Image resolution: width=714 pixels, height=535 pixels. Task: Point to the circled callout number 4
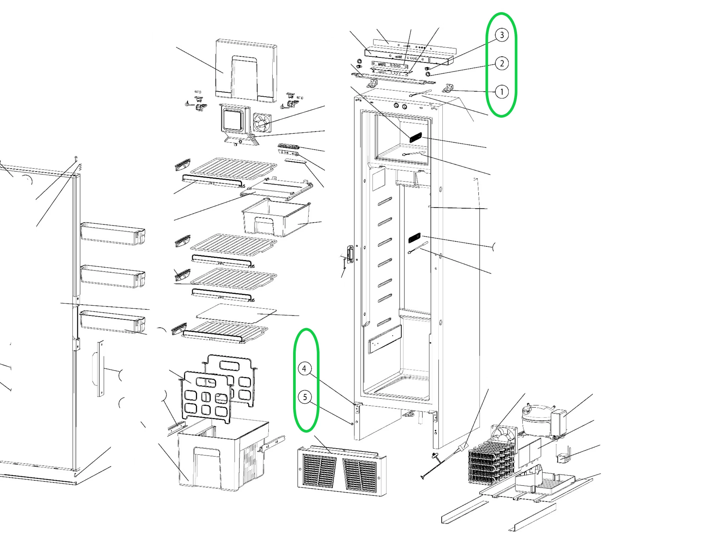coord(304,369)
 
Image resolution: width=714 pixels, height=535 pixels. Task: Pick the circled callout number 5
coord(305,397)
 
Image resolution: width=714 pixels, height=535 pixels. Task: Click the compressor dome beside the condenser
coord(537,419)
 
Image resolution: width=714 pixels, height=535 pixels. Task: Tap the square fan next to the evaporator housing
coord(262,123)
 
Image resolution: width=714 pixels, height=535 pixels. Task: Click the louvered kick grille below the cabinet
coord(341,471)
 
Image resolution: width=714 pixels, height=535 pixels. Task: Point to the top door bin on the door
coord(112,234)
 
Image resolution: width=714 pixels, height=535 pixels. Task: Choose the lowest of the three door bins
coord(112,322)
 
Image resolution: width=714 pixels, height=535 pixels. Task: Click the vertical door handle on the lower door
coord(100,368)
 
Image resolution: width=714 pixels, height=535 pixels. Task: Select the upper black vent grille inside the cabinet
coord(415,137)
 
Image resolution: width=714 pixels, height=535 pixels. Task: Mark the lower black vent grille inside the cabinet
coord(415,239)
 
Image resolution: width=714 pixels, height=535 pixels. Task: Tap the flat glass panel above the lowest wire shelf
coord(237,313)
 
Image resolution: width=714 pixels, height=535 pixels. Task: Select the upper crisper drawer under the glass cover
coord(276,217)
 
